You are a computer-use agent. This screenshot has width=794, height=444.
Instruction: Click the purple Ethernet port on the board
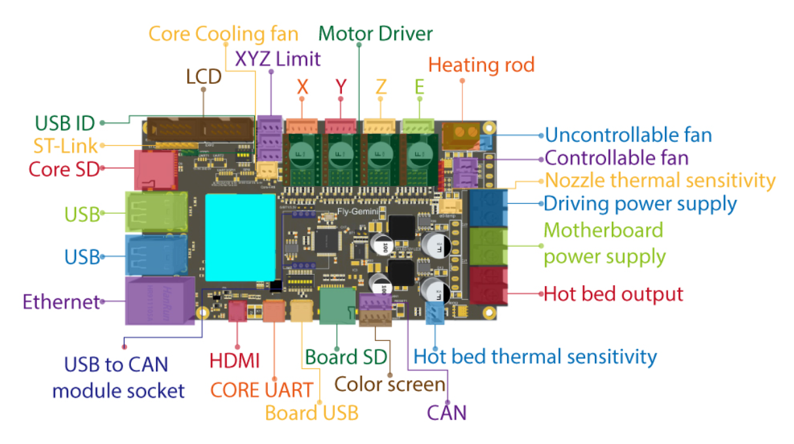(x=159, y=300)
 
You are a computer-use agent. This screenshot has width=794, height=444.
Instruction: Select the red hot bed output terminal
(x=488, y=286)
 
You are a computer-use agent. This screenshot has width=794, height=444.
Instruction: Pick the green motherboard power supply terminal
(x=488, y=245)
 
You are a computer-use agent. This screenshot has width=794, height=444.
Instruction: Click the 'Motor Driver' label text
(x=375, y=33)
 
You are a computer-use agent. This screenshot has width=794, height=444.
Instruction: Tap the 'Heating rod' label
(x=481, y=65)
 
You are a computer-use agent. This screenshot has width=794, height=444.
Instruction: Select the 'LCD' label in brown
(x=204, y=77)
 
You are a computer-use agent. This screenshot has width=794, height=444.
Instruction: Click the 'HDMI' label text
(x=235, y=360)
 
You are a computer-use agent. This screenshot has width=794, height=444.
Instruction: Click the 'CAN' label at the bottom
(x=447, y=413)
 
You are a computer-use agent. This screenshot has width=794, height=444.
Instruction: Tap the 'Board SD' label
(x=347, y=357)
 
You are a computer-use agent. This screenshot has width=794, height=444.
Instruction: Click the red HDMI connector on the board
(x=238, y=312)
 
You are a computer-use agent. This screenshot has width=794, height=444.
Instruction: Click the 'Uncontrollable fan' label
(x=628, y=135)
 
